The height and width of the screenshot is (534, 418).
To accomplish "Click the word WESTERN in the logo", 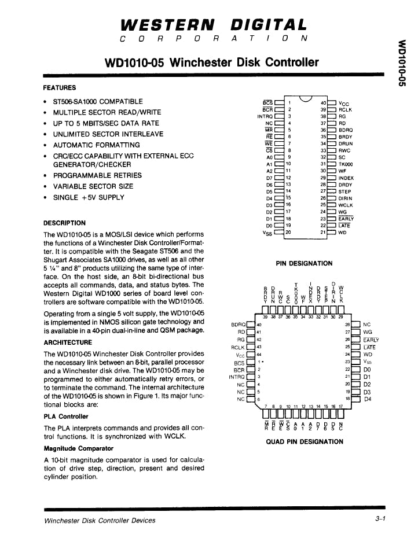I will (167, 25).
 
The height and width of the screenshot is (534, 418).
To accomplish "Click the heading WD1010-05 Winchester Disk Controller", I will (212, 62).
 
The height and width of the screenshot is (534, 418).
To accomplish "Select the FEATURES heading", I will (60, 88).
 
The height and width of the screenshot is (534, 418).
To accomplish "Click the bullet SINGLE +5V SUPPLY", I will (89, 197).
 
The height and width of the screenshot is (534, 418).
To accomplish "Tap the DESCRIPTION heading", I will (65, 223).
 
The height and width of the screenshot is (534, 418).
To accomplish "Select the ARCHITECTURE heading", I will (68, 343).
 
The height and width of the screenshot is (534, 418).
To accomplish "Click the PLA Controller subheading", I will (67, 417).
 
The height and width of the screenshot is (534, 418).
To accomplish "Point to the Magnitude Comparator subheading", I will (79, 448).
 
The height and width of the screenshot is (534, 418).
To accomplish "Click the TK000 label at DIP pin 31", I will (346, 164).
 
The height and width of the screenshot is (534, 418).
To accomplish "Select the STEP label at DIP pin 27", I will (344, 191).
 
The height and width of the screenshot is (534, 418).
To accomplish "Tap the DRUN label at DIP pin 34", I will (346, 143).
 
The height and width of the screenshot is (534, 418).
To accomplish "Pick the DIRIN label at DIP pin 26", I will (346, 198).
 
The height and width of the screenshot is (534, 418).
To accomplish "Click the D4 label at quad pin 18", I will (366, 399).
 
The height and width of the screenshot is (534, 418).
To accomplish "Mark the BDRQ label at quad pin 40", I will (238, 325).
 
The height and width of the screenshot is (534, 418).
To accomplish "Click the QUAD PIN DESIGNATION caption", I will (304, 441).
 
